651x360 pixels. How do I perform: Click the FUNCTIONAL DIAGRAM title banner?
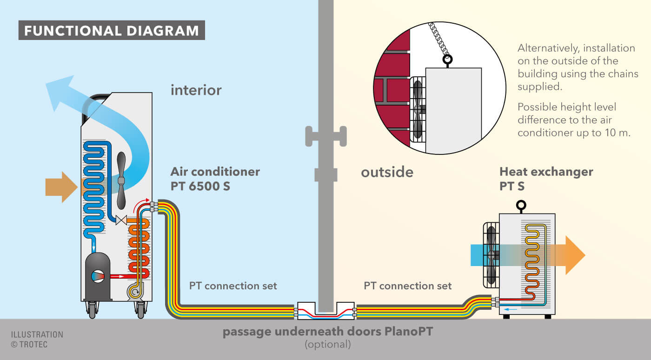coord(112,31)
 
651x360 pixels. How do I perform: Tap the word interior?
coord(196,90)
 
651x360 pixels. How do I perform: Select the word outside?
coord(387,172)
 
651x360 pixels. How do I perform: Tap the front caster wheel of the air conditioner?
coord(92,309)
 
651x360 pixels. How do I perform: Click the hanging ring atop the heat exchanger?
coord(521,205)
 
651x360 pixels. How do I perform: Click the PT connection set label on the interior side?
coord(233,286)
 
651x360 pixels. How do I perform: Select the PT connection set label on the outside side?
coord(407,286)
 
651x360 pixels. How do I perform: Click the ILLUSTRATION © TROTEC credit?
coord(37,340)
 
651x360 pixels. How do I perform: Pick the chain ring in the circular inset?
coord(448,60)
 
